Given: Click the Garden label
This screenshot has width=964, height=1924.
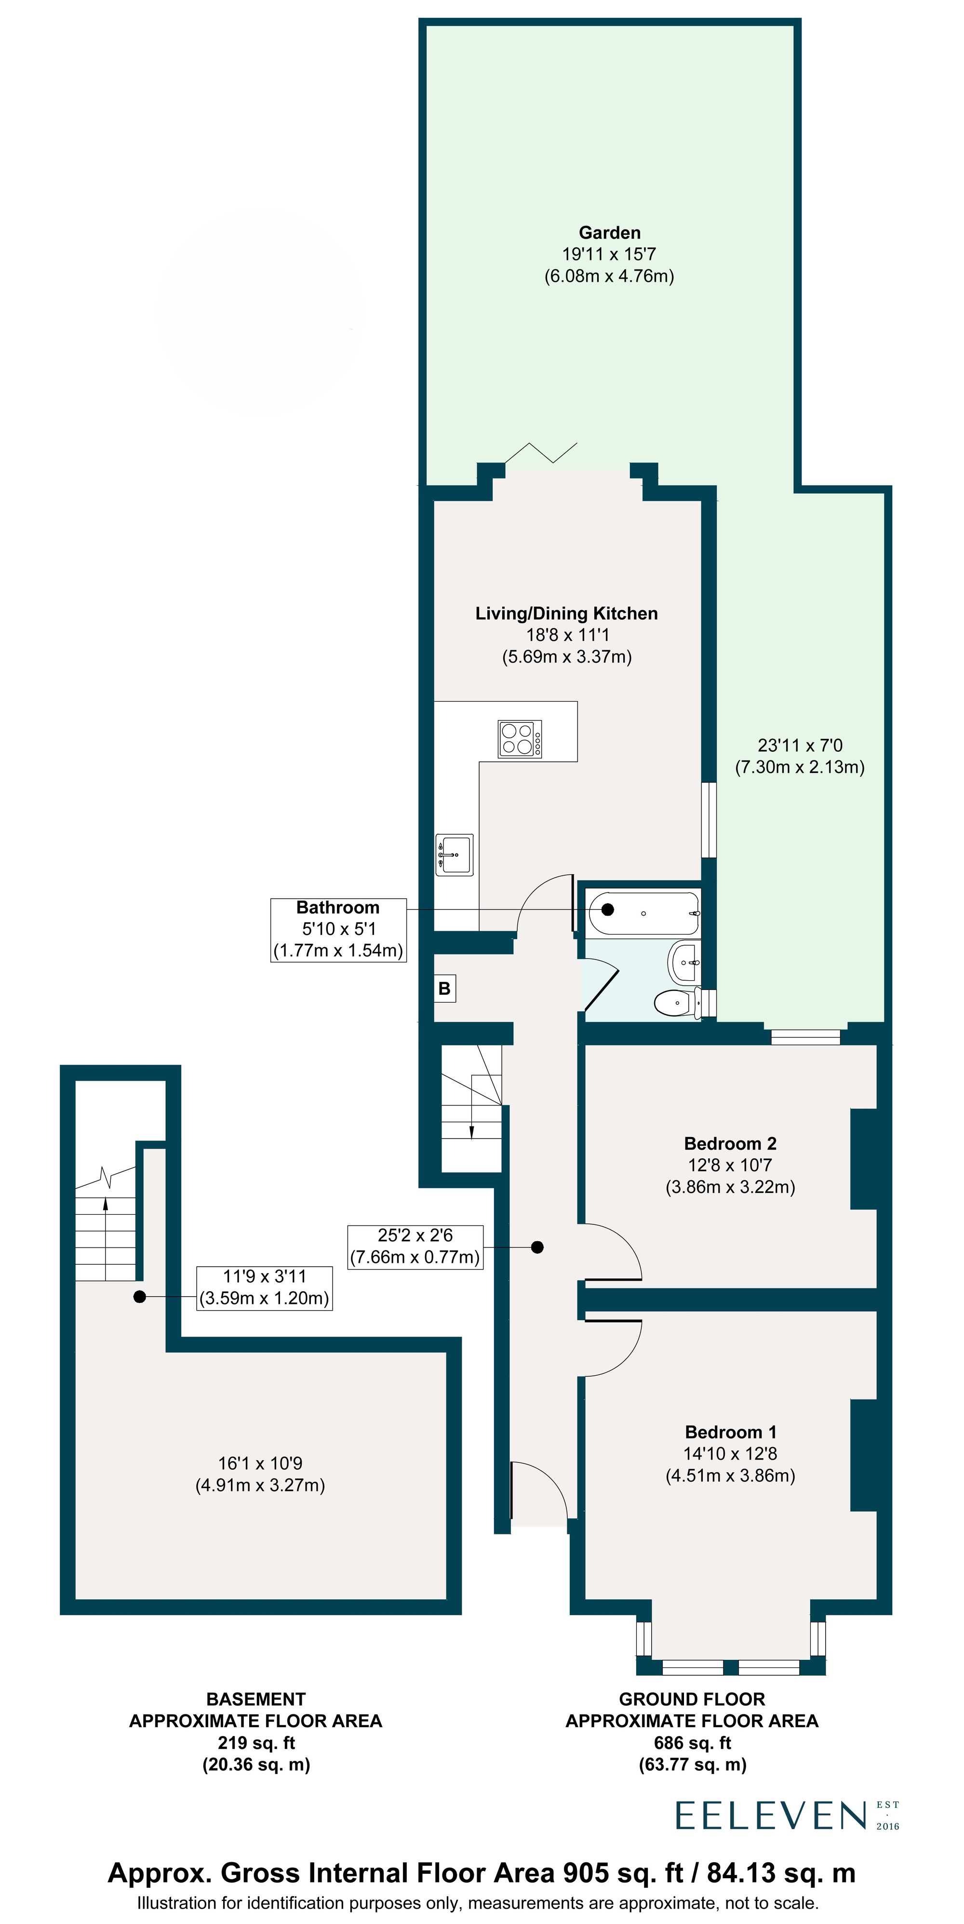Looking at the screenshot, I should coord(609,233).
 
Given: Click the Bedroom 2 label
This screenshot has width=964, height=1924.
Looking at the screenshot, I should coord(730,1143).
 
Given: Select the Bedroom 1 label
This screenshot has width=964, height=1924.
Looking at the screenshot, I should coord(730,1432).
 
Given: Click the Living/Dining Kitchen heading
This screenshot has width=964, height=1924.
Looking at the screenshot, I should coord(566,614).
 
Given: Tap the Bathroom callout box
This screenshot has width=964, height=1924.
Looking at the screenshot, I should coord(338,929).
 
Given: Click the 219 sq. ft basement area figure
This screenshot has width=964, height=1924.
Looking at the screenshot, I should coord(255,1743).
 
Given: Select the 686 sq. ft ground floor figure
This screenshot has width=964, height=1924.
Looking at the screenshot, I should coord(692,1743).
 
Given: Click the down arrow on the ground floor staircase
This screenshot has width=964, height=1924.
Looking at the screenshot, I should coord(471,1130).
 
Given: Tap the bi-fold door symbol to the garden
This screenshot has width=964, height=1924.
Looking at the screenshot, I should coord(541,453).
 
